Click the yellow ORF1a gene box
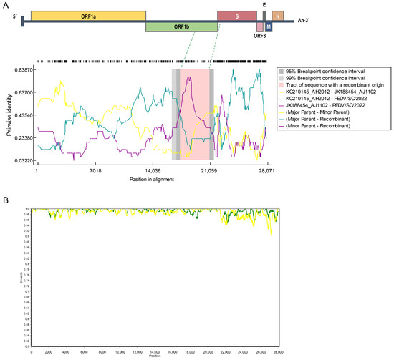point(88,15)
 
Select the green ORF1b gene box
point(181,27)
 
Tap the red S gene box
point(236,15)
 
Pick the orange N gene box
point(278,15)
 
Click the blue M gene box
point(269,26)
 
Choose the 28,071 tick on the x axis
point(266,171)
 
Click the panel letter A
point(5,4)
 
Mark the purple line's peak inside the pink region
point(188,77)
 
